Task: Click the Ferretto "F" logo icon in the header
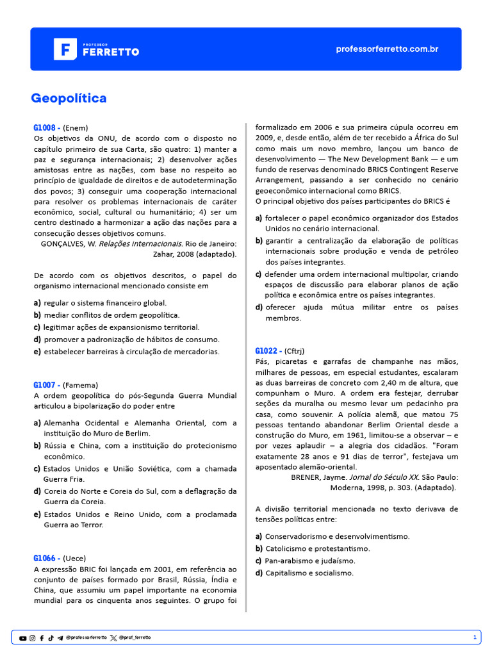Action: point(65,49)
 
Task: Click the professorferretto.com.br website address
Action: point(387,49)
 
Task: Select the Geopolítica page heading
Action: point(69,98)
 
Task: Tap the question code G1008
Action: point(47,127)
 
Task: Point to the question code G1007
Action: point(47,385)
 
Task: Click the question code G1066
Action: point(47,558)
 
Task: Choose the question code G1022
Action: point(268,350)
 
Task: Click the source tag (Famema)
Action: point(81,385)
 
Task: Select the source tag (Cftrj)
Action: point(294,350)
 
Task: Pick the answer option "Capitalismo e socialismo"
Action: point(309,573)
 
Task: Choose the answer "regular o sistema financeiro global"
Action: point(105,302)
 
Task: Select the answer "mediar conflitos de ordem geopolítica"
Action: point(111,315)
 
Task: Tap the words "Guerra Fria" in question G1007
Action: point(63,479)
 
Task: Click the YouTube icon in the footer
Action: point(23,638)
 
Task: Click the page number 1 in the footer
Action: point(475,637)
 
